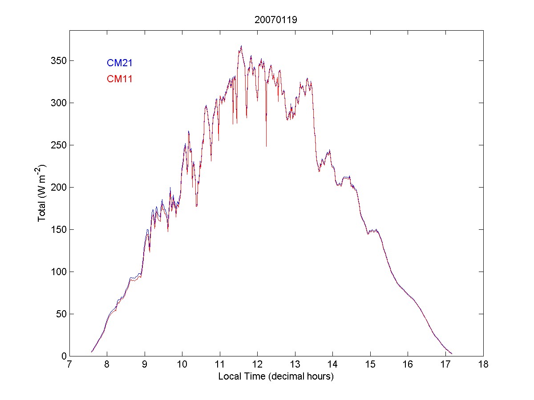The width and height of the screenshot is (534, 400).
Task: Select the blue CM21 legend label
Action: point(119,63)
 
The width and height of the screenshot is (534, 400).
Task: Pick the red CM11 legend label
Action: point(119,79)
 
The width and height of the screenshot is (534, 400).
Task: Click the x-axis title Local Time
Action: point(276,376)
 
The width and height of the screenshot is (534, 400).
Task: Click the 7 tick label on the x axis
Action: point(69,365)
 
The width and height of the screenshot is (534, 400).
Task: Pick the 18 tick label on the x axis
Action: point(483,365)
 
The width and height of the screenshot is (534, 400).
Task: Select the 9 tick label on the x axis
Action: point(145,365)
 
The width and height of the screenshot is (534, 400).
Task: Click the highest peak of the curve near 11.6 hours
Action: point(241,46)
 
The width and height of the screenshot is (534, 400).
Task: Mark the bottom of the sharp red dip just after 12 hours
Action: point(266,146)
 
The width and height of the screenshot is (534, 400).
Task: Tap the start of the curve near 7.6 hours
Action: point(92,352)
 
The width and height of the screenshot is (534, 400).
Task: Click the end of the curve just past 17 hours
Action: point(452,354)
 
